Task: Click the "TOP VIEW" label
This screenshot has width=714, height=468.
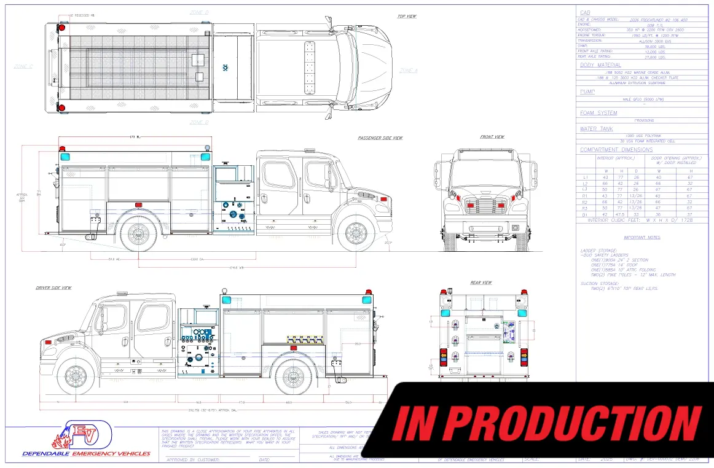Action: pyautogui.click(x=407, y=16)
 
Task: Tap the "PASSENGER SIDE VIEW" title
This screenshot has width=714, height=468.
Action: pyautogui.click(x=380, y=138)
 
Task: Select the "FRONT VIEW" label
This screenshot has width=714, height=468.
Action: pyautogui.click(x=492, y=137)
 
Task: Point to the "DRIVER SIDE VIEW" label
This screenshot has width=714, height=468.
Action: pyautogui.click(x=53, y=287)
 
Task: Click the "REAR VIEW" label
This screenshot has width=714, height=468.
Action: pyautogui.click(x=481, y=283)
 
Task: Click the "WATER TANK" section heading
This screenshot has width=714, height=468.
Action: pyautogui.click(x=597, y=129)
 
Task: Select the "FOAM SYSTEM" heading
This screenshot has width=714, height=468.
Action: pyautogui.click(x=598, y=113)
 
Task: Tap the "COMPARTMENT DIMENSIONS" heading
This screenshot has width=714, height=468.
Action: pyautogui.click(x=616, y=150)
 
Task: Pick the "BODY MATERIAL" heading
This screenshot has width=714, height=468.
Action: pyautogui.click(x=600, y=64)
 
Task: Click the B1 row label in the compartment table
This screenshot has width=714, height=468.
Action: pyautogui.click(x=585, y=214)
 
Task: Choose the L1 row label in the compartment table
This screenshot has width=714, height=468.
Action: pyautogui.click(x=585, y=177)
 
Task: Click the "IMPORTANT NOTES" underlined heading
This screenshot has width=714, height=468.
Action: pyautogui.click(x=642, y=237)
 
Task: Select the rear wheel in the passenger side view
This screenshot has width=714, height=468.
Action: pyautogui.click(x=139, y=233)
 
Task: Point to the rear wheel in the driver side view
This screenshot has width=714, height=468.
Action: pyautogui.click(x=294, y=375)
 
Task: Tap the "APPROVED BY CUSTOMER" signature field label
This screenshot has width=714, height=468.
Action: pyautogui.click(x=192, y=459)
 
